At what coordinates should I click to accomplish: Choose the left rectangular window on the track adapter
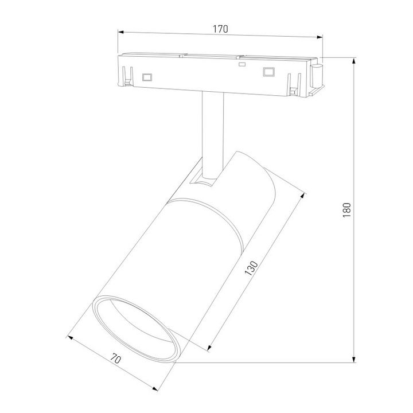coord(147,76)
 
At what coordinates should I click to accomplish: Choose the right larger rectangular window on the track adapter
coord(266,72)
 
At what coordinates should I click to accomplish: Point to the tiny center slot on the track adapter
coord(242,65)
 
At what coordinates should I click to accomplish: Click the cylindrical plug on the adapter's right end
coord(317,77)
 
